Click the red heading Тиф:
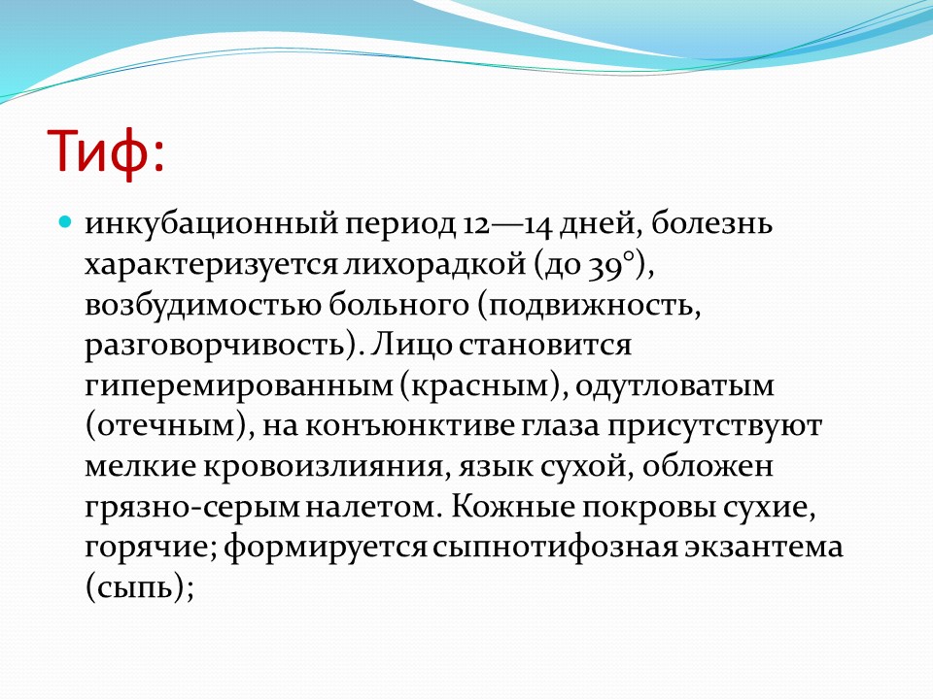tap(105, 151)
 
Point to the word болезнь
tap(711, 224)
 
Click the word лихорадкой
tap(434, 264)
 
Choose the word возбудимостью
tap(203, 305)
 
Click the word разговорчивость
tap(215, 346)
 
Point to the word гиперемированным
tap(239, 386)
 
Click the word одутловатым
tap(674, 385)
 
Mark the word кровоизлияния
tap(324, 467)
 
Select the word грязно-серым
tap(191, 508)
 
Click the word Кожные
tap(512, 507)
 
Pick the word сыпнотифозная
tap(555, 548)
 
